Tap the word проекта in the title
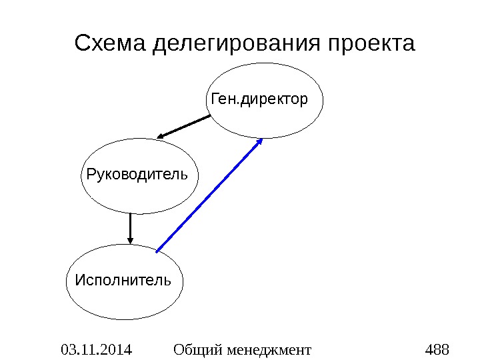point(371,45)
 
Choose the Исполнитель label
point(123,279)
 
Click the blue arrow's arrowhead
point(260,141)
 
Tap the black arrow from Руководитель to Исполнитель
point(130,227)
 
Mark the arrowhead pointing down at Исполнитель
point(130,241)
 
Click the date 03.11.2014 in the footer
point(96,349)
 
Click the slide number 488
point(437,349)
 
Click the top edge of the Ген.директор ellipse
point(267,63)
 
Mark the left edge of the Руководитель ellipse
point(81,176)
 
